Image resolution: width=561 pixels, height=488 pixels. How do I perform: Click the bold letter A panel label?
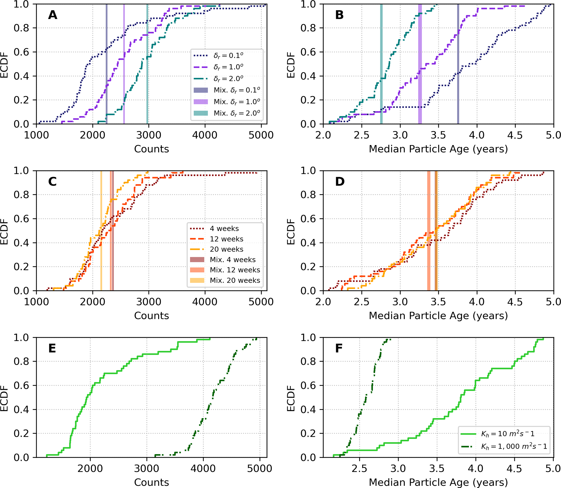pos(53,15)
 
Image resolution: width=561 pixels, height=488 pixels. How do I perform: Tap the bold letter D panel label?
pos(340,182)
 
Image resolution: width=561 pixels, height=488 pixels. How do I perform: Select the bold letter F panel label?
pos(339,348)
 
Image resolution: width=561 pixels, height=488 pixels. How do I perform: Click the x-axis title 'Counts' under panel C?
pos(151,316)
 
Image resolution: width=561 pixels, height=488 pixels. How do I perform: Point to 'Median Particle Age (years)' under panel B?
pos(438,149)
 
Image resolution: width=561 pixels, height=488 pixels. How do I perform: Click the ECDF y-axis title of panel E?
pos(4,398)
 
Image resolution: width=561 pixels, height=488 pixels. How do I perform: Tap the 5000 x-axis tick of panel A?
pos(261,135)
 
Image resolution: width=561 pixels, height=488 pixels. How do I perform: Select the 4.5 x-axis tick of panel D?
pos(515,302)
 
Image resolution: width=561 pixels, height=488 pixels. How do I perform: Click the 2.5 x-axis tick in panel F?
pos(359,468)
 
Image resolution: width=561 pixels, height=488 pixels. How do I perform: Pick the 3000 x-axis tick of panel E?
pos(147,468)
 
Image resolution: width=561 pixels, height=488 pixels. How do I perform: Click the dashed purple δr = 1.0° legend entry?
pos(228,67)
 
